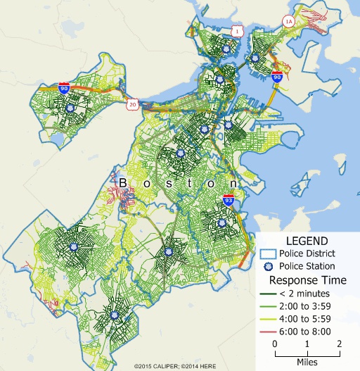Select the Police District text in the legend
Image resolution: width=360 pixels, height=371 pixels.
[311, 253]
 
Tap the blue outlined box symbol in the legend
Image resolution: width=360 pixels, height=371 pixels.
[266, 253]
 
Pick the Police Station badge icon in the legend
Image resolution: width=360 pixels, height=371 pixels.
[266, 266]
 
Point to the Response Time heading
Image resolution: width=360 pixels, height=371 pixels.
[307, 279]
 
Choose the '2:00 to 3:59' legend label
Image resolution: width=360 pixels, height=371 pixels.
[306, 306]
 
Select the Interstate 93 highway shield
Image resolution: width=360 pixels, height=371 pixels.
[229, 201]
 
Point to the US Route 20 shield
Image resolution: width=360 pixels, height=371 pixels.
[132, 104]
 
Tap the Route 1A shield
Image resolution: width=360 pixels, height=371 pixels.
[288, 22]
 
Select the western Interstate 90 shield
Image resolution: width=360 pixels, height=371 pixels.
[64, 89]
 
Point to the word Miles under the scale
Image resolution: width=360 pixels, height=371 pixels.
[307, 361]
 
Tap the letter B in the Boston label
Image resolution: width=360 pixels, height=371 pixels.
[123, 183]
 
